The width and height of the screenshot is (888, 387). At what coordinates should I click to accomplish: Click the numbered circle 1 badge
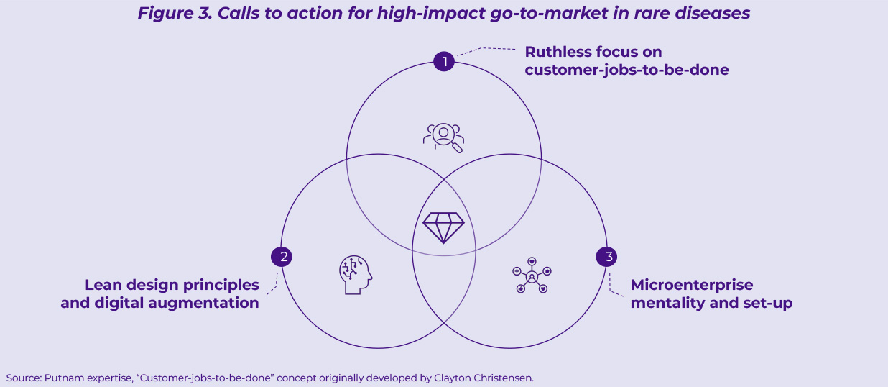click(444, 61)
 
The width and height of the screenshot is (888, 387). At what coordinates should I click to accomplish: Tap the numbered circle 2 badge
click(281, 257)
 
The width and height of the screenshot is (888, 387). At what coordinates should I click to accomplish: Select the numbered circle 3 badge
click(607, 257)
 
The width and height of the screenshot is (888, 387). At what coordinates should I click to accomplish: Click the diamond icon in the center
click(444, 227)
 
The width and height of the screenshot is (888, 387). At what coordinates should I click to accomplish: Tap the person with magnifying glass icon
click(443, 137)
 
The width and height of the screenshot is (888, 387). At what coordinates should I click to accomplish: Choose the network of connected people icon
click(532, 276)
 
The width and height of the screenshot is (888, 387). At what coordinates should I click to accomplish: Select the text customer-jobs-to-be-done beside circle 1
click(626, 70)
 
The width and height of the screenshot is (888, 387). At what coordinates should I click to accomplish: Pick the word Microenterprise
click(692, 285)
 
